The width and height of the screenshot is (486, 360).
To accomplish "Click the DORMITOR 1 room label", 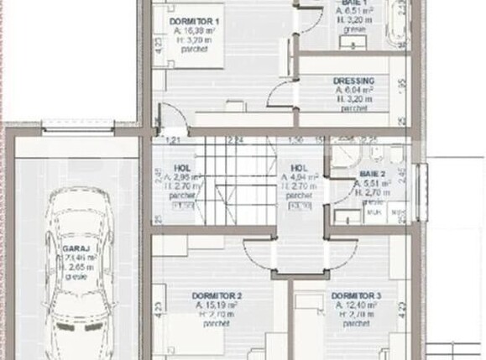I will click(x=195, y=19).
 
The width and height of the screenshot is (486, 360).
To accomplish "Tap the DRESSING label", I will click(x=353, y=81).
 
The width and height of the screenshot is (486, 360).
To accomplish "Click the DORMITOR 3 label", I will click(x=356, y=296).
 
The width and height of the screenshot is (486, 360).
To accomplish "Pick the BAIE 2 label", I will click(x=372, y=174).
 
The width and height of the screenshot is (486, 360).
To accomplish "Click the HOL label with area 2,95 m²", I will click(x=182, y=167).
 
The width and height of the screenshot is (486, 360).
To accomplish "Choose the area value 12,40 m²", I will click(x=357, y=306).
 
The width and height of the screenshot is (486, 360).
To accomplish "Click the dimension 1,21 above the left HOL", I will click(x=175, y=139).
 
